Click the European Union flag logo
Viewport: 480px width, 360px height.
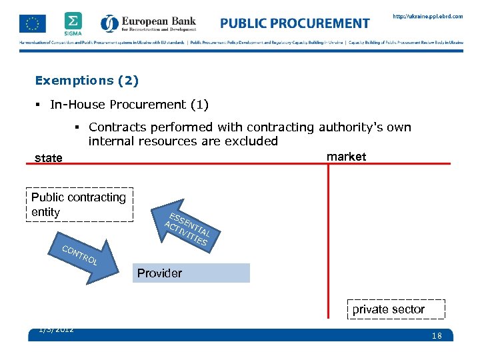tap(33, 24)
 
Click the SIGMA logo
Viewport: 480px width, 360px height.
tap(74, 23)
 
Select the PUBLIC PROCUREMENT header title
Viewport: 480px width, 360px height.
tap(295, 23)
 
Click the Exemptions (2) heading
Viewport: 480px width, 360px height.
tap(87, 81)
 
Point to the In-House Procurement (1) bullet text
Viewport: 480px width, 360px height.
tap(129, 105)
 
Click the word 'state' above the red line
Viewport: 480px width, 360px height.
tap(49, 158)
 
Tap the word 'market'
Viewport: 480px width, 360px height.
tap(346, 157)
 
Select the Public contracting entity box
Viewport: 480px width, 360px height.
tap(79, 204)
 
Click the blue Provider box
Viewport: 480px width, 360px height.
tap(191, 273)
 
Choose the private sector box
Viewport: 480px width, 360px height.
tap(388, 309)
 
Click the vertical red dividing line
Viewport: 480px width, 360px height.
tap(329, 240)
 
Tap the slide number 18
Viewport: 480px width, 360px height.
tap(437, 336)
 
